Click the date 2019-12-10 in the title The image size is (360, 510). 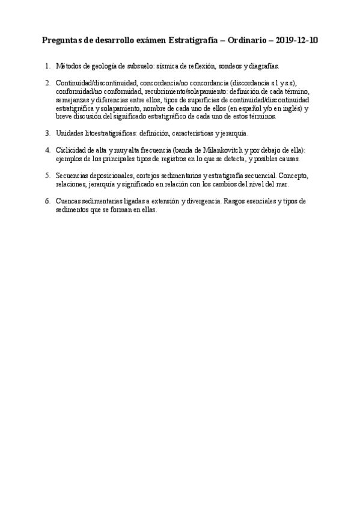point(296,41)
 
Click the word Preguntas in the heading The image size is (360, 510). point(63,41)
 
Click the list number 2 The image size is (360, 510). point(47,82)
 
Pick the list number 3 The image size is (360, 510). point(47,133)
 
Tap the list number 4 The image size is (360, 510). point(47,150)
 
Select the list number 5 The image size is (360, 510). point(47,176)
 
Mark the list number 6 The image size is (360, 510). point(47,201)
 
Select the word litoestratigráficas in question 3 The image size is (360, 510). point(110,133)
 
